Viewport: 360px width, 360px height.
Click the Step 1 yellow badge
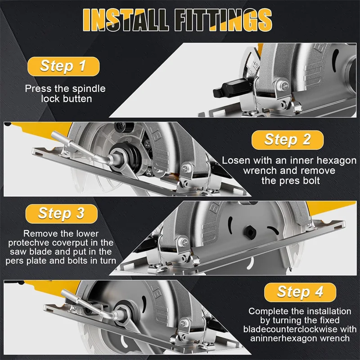[x=63, y=66]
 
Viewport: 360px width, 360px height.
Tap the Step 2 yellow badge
[x=288, y=140]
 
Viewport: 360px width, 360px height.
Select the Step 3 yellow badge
[x=62, y=213]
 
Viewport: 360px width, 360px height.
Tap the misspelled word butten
[x=74, y=99]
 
